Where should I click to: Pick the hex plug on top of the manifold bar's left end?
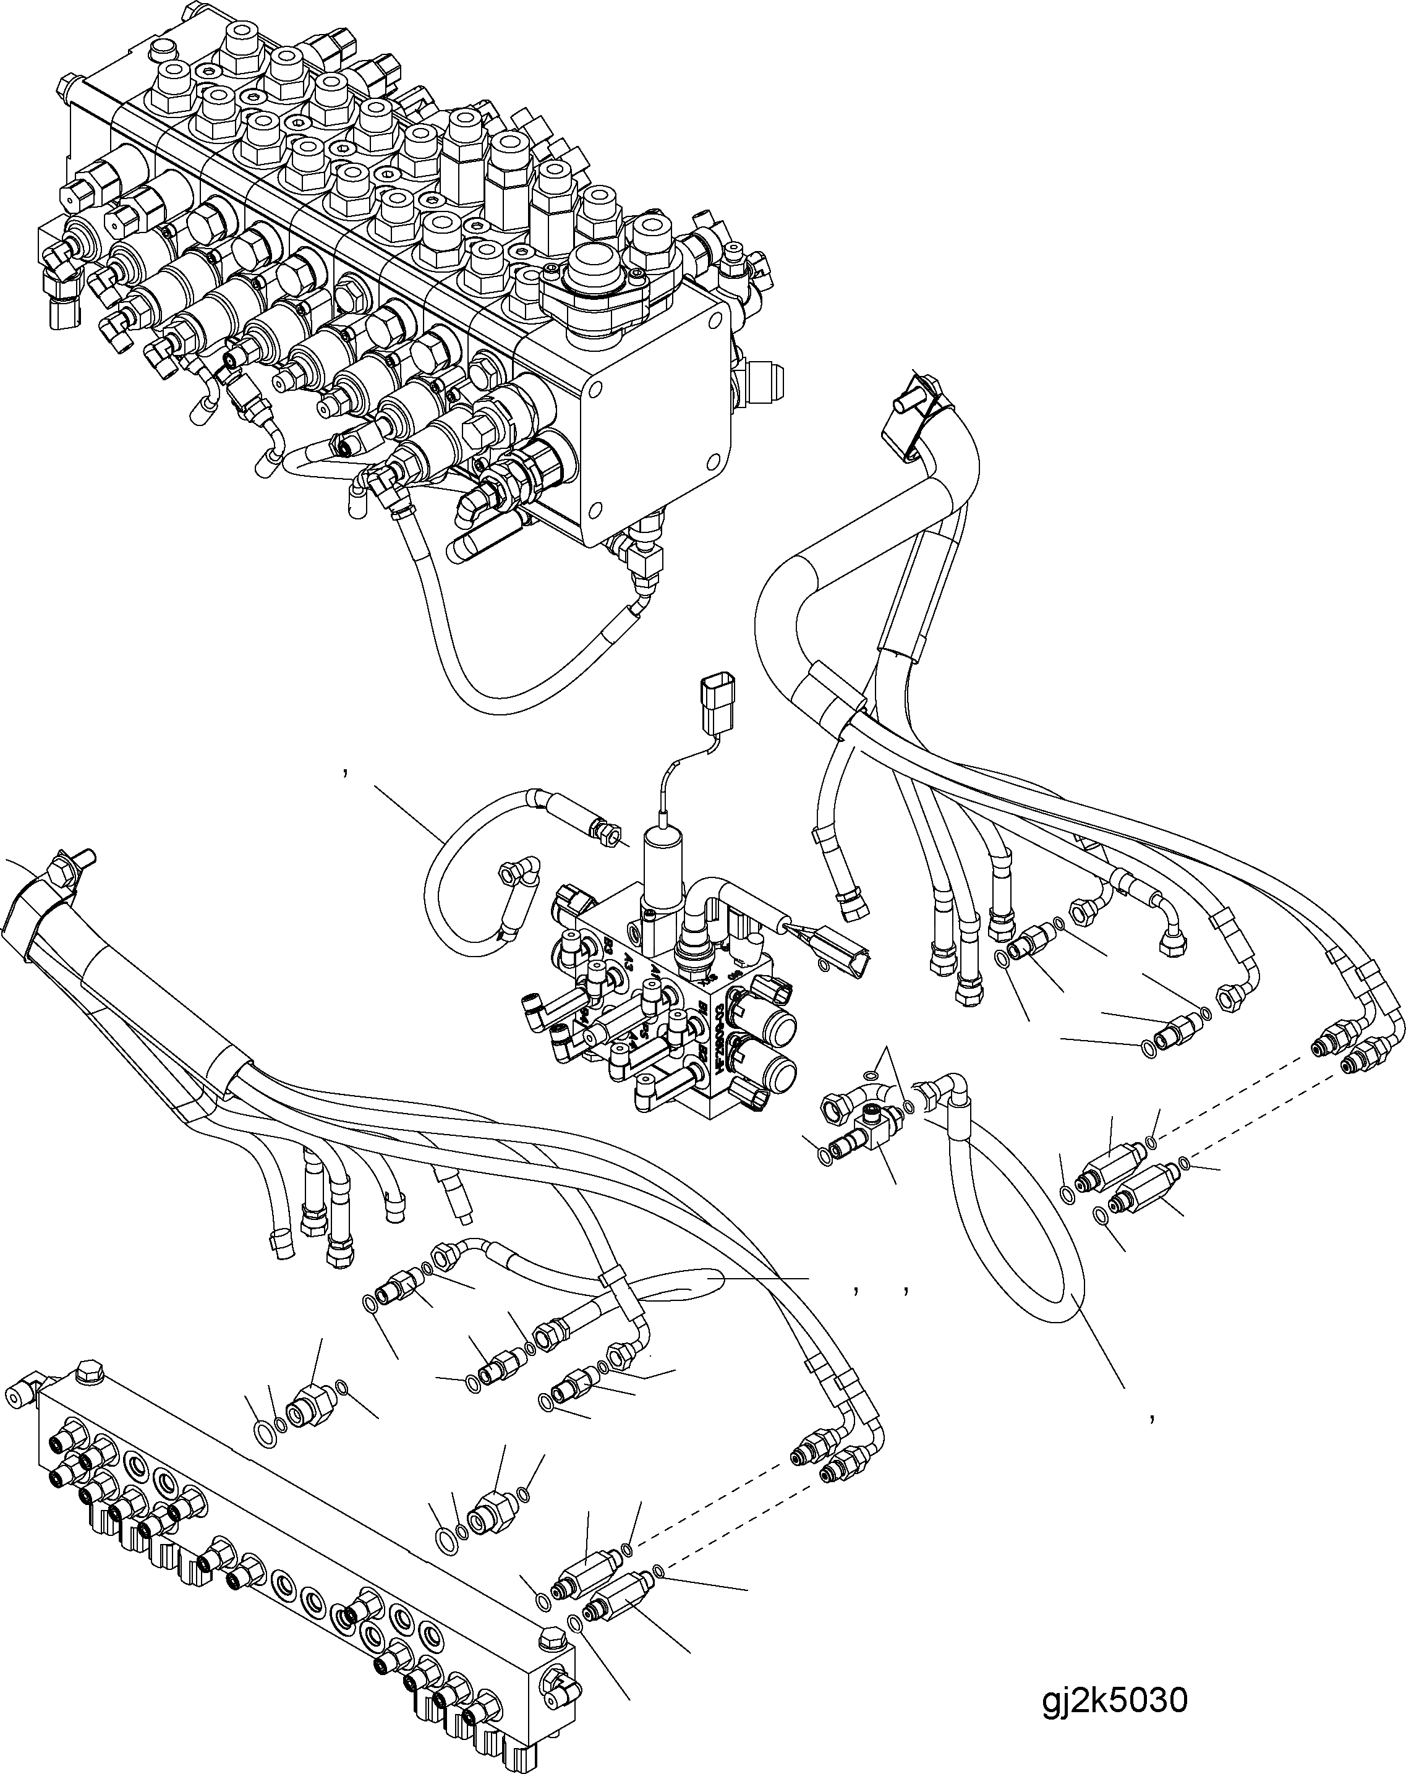click(85, 1373)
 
